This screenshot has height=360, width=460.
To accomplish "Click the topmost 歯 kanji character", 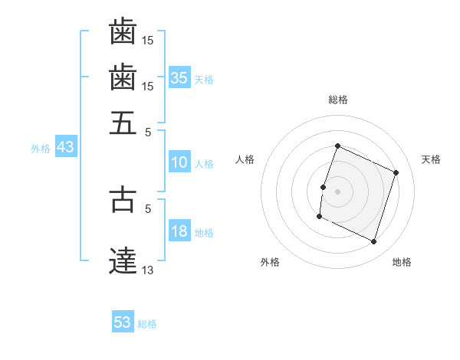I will coord(123,32).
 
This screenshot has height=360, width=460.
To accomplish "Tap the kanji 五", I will coord(123,122).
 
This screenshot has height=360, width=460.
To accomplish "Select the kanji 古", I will coord(123,198).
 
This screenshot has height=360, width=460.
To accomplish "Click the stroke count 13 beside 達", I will coord(148,269).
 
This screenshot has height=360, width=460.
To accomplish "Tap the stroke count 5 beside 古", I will coord(148,207).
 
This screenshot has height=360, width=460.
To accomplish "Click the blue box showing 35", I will coord(179,78).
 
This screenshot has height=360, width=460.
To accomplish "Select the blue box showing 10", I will coord(179,162).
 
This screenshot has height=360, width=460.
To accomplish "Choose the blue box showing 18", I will coord(179,231).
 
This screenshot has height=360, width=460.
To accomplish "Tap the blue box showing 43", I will coord(65,147).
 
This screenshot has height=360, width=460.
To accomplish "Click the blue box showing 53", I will coord(123,322).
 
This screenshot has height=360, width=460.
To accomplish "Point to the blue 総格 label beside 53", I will coord(147,324).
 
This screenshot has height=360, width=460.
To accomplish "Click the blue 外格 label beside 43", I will coord(41,149).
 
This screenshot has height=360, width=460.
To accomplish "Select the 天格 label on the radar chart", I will coord(431,159).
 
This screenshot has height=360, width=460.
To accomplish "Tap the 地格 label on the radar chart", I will coord(402,262).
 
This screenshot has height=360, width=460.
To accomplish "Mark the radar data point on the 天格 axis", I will coord(396,172).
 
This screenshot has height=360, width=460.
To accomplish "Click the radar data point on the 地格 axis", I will coord(373,242).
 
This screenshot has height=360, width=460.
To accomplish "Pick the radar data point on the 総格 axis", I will coord(337,146).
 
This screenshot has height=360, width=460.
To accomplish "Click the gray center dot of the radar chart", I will coord(337,191).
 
